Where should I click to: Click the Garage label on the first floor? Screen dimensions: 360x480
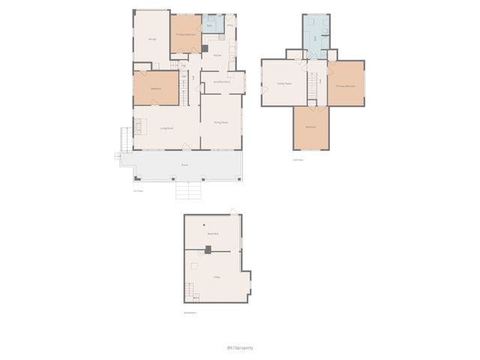tap(152, 38)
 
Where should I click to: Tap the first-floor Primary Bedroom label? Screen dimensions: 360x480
tap(185, 34)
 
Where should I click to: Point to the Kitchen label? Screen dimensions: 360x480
tap(217, 55)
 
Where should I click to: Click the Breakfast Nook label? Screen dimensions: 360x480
tap(221, 82)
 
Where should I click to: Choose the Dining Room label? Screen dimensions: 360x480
tap(220, 121)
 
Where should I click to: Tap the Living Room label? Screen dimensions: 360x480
tap(166, 128)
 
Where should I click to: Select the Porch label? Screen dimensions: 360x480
tap(184, 164)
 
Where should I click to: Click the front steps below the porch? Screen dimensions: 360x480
tap(188, 190)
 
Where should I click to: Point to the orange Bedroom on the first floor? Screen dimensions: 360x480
tap(156, 88)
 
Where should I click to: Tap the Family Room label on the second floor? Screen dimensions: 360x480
tap(283, 84)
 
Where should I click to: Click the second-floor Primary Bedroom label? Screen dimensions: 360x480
tap(345, 86)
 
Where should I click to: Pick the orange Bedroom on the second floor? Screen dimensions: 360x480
tap(310, 127)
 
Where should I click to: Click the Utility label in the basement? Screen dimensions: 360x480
tap(216, 277)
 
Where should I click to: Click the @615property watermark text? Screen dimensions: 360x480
tap(239, 347)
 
